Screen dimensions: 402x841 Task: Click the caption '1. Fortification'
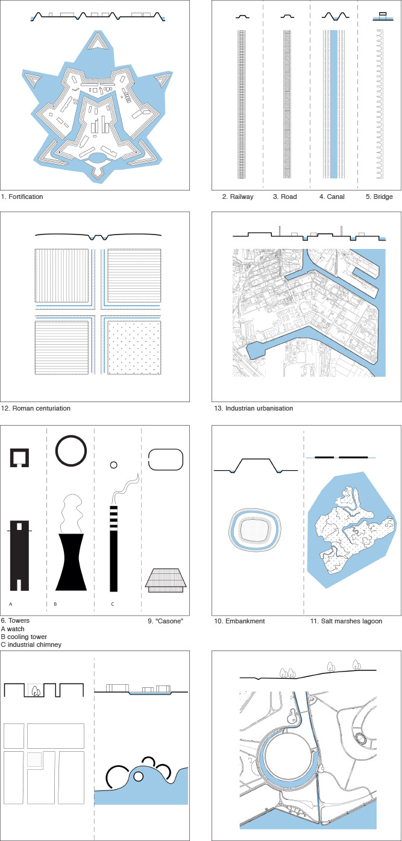22,197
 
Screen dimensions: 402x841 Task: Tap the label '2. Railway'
237,197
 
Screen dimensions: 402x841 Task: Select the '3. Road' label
285,197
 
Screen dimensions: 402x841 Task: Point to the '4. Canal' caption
332,197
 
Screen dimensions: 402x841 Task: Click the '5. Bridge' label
379,197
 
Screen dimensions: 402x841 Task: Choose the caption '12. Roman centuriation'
36,408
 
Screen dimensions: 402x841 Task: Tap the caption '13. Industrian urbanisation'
253,408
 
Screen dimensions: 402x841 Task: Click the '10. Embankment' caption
239,621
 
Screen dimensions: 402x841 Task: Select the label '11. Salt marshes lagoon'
346,621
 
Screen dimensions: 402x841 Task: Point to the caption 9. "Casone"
166,621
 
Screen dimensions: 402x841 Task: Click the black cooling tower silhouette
71,562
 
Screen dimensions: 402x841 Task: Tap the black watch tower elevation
19,556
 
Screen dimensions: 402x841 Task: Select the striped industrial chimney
113,549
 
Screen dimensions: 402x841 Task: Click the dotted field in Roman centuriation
134,347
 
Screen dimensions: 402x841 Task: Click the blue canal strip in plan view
334,104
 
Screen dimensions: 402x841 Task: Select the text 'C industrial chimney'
31,644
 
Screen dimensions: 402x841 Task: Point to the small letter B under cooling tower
55,604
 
